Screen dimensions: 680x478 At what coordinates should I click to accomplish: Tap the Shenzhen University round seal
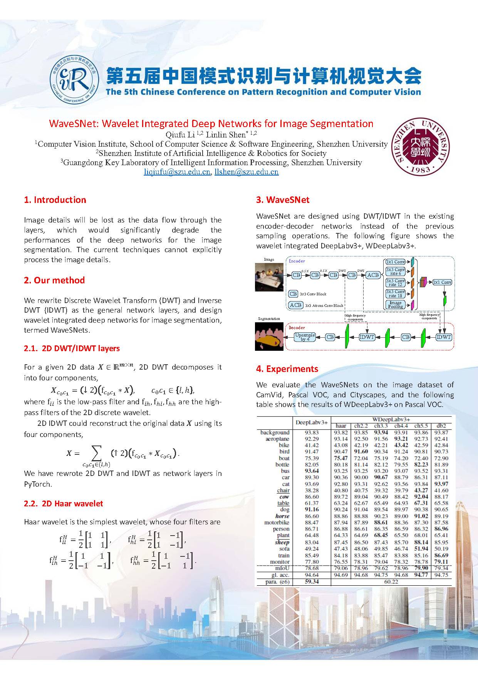[420, 146]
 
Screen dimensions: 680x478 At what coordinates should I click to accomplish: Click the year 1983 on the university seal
[420, 169]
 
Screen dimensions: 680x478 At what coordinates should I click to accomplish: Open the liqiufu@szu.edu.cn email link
[177, 172]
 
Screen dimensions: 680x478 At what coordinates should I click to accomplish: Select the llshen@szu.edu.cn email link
[247, 172]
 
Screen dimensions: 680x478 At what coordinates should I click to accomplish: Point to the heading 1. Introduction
[55, 200]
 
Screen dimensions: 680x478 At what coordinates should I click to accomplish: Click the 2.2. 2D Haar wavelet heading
[63, 503]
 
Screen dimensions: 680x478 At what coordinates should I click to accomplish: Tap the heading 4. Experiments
[287, 369]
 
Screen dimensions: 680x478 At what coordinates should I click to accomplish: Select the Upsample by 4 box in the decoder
[305, 337]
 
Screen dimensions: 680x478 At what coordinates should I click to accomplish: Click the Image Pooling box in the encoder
[395, 305]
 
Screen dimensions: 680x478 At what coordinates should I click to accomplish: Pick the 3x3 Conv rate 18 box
[395, 293]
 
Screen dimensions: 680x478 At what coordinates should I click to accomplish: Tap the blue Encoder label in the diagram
[297, 261]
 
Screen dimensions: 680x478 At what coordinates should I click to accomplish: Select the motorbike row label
[277, 523]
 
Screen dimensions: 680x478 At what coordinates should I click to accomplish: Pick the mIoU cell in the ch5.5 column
[421, 568]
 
